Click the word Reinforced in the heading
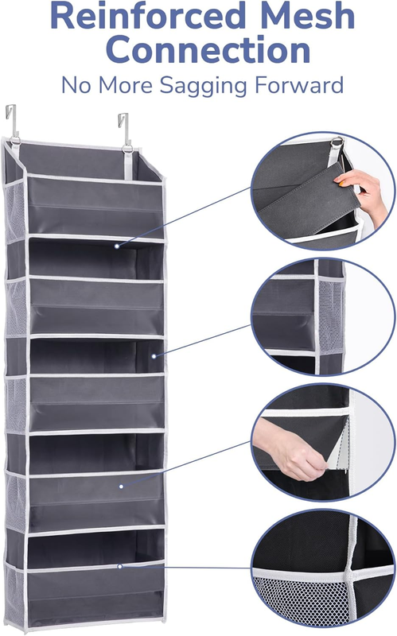148,16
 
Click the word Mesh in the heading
308,16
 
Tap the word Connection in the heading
208,50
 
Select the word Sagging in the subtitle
204,87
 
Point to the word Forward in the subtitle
299,85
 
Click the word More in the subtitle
126,85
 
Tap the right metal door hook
124,128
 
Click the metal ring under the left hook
15,141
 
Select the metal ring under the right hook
127,148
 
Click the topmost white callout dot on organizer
117,246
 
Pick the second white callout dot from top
154,356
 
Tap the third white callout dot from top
122,486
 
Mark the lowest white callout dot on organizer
120,566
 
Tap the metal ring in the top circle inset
337,142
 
